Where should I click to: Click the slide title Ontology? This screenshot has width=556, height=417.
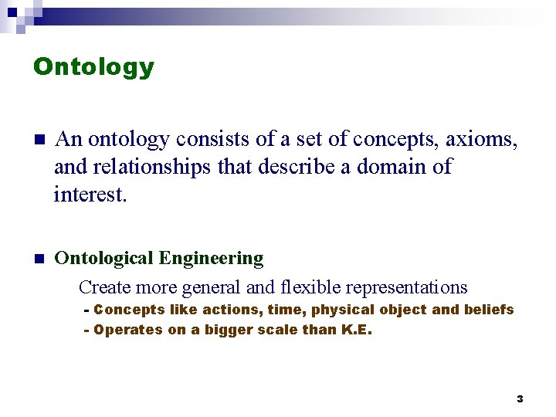93,67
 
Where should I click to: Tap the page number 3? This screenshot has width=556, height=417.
520,398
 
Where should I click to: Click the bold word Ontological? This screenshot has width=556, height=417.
104,258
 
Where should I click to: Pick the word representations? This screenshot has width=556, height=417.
406,287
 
